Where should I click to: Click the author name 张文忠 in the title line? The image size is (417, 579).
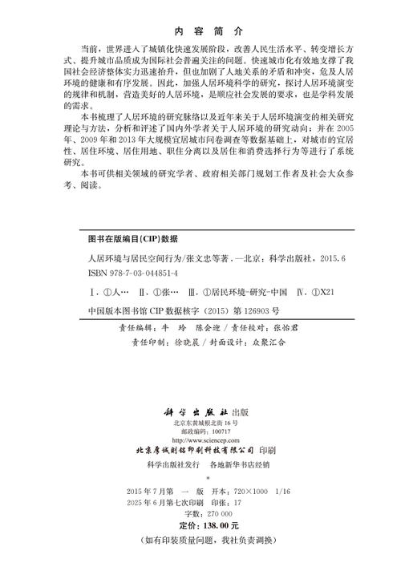point(196,258)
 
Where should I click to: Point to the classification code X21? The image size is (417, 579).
point(322,288)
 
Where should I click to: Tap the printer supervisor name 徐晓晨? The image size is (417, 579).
point(192,340)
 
